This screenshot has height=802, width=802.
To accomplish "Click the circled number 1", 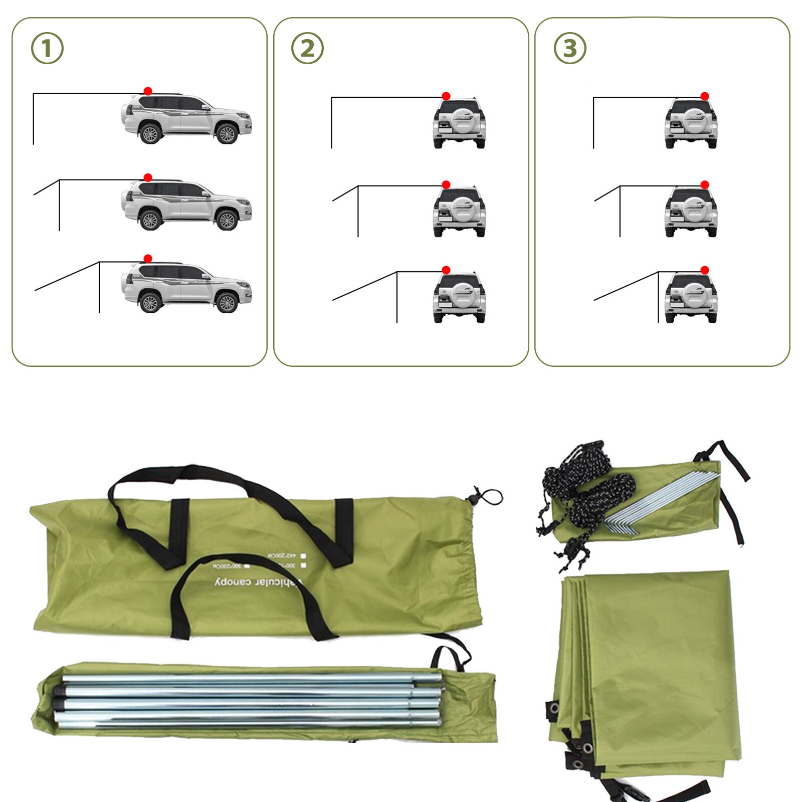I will click(47, 49).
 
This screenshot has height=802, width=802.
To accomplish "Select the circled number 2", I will click(307, 49).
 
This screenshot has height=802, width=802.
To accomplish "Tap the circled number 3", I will click(570, 49).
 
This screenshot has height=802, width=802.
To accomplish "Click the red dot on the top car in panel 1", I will click(148, 91).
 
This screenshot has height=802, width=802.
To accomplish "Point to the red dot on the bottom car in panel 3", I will click(705, 270).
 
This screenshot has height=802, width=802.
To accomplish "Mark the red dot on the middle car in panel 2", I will click(446, 185).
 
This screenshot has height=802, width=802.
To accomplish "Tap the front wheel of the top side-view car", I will click(227, 134).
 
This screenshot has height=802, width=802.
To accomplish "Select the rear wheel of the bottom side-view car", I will click(150, 303).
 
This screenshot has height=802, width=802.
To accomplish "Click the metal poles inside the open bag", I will click(251, 700).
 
